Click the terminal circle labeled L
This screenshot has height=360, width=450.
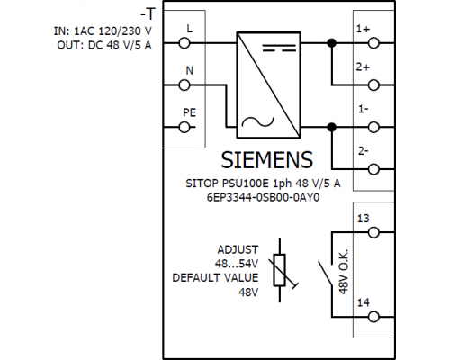pyautogui.click(x=184, y=43)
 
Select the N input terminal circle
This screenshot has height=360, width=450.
pyautogui.click(x=184, y=85)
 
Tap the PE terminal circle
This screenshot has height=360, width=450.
pyautogui.click(x=184, y=128)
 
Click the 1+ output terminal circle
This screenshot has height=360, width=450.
pyautogui.click(x=373, y=43)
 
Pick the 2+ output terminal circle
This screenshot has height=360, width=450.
pyautogui.click(x=373, y=85)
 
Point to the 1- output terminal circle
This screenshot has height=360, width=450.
pyautogui.click(x=373, y=128)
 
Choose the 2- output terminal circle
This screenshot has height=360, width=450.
pyautogui.click(x=373, y=169)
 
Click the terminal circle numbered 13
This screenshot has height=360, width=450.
pyautogui.click(x=373, y=232)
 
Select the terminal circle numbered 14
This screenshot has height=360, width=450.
pyautogui.click(x=373, y=317)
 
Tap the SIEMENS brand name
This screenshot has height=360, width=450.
pyautogui.click(x=267, y=160)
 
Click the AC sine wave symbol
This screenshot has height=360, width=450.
pyautogui.click(x=257, y=122)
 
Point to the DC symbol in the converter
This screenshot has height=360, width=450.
pyautogui.click(x=279, y=48)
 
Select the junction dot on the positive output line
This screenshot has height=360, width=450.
pyautogui.click(x=331, y=43)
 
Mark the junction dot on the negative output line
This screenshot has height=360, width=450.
pyautogui.click(x=331, y=128)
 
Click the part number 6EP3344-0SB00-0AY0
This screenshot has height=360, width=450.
pyautogui.click(x=263, y=198)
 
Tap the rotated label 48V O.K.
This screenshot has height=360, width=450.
pyautogui.click(x=344, y=271)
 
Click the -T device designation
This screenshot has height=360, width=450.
pyautogui.click(x=148, y=13)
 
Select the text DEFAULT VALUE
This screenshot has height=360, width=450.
pyautogui.click(x=215, y=278)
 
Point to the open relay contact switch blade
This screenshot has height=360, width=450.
pyautogui.click(x=325, y=274)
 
